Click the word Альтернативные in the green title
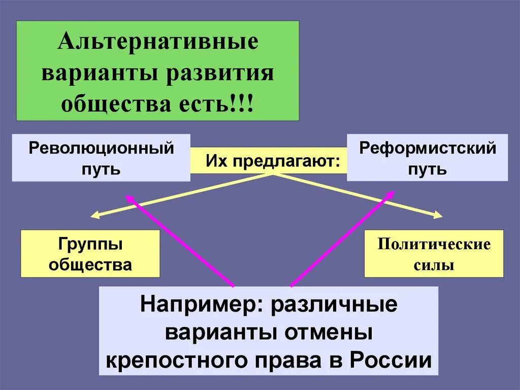tap(158, 42)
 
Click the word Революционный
tap(101, 148)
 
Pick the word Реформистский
tap(427, 148)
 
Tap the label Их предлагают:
tap(272, 161)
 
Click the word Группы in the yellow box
tap(91, 244)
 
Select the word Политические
tap(434, 244)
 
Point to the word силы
tap(434, 265)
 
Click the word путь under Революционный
tap(101, 168)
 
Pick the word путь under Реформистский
tap(427, 168)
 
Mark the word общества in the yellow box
tap(91, 265)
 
